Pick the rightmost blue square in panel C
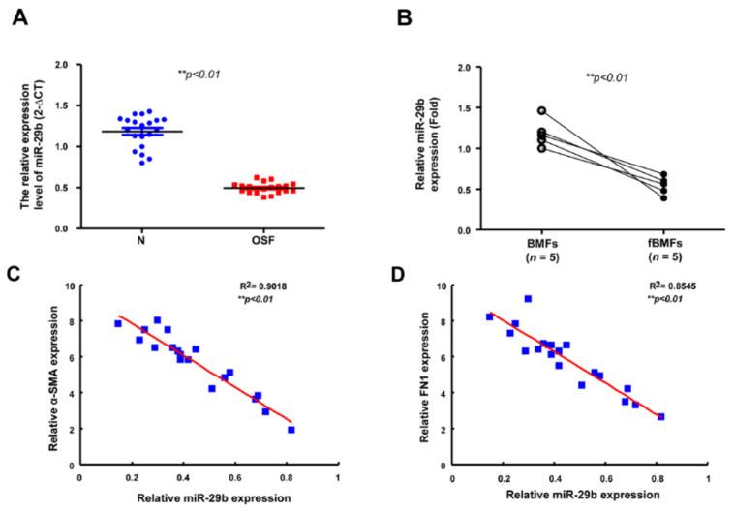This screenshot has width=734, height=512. [x=291, y=430]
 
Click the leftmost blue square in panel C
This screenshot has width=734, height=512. [x=117, y=324]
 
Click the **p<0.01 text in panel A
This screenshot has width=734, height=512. [x=199, y=73]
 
